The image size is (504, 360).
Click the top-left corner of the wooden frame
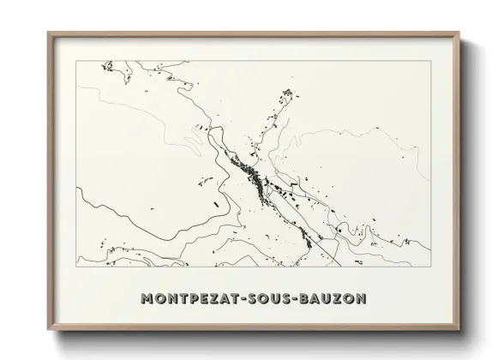point(46,32)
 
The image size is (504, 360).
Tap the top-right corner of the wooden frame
point(463,32)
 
